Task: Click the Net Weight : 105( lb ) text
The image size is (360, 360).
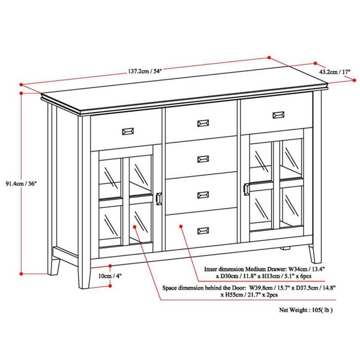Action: (306, 310)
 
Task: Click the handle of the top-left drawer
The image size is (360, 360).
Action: (127, 131)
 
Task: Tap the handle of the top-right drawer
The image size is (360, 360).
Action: (279, 115)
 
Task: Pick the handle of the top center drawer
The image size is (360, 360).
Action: (203, 123)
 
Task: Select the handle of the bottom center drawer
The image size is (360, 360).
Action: (203, 230)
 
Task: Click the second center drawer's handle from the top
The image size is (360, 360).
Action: (203, 158)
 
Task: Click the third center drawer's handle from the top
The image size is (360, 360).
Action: (203, 194)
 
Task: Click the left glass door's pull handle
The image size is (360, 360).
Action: (159, 199)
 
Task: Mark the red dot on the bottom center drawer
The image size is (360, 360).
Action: (180, 227)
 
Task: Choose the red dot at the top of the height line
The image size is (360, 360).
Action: (22, 92)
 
